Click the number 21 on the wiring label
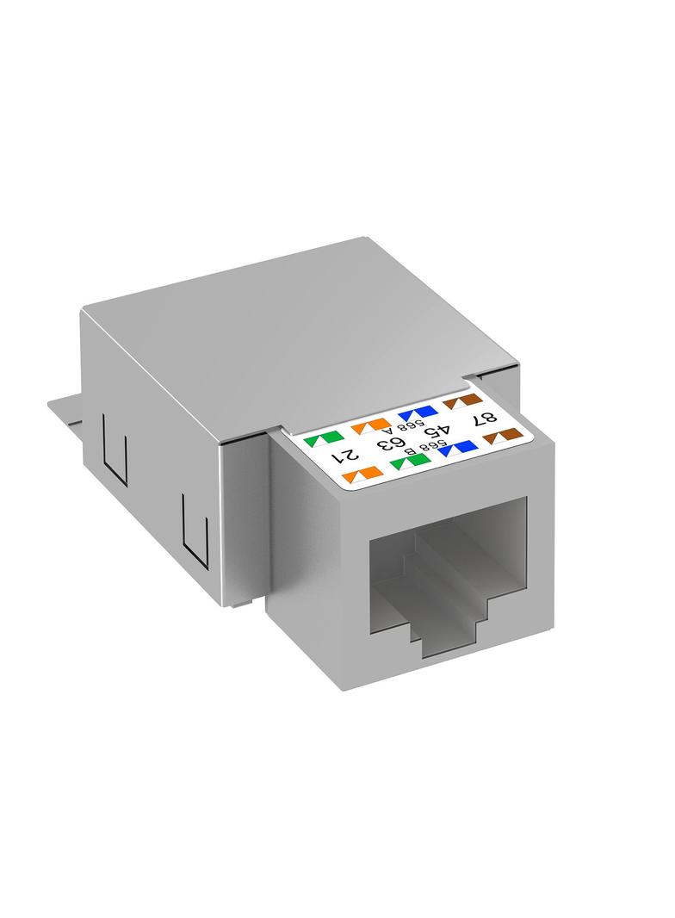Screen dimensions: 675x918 click(344, 455)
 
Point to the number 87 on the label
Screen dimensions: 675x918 click(484, 418)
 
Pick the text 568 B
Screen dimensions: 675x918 click(431, 447)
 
